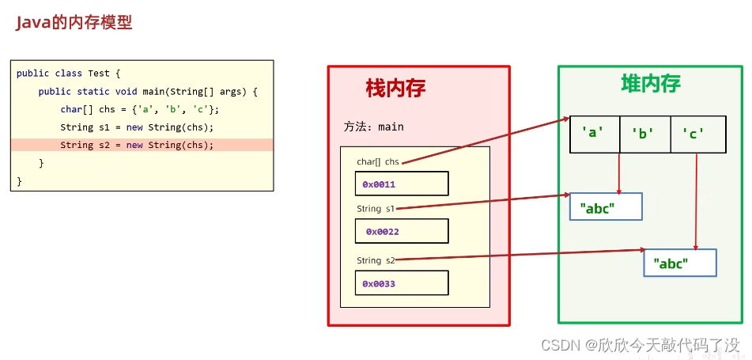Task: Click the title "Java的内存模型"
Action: pos(74,22)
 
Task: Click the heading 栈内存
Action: pos(395,88)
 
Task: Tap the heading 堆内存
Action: pos(650,83)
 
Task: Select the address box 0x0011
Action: pos(402,184)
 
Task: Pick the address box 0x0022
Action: pos(402,231)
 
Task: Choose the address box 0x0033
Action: pos(402,283)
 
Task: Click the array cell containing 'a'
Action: pos(594,134)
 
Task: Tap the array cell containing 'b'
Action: pos(644,134)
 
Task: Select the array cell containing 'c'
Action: pos(697,134)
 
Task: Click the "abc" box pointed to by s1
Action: pos(606,207)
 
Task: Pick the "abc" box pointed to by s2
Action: pos(680,263)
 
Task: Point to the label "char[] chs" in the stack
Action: pos(378,161)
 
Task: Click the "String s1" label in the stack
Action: pos(375,209)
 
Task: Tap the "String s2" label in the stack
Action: pos(375,260)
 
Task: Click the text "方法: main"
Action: pos(374,127)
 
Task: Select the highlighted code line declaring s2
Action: pos(137,145)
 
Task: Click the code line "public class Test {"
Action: pos(68,74)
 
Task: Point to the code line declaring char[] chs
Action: pos(140,109)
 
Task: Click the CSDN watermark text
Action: pos(640,345)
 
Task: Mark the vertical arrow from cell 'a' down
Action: pos(619,172)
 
